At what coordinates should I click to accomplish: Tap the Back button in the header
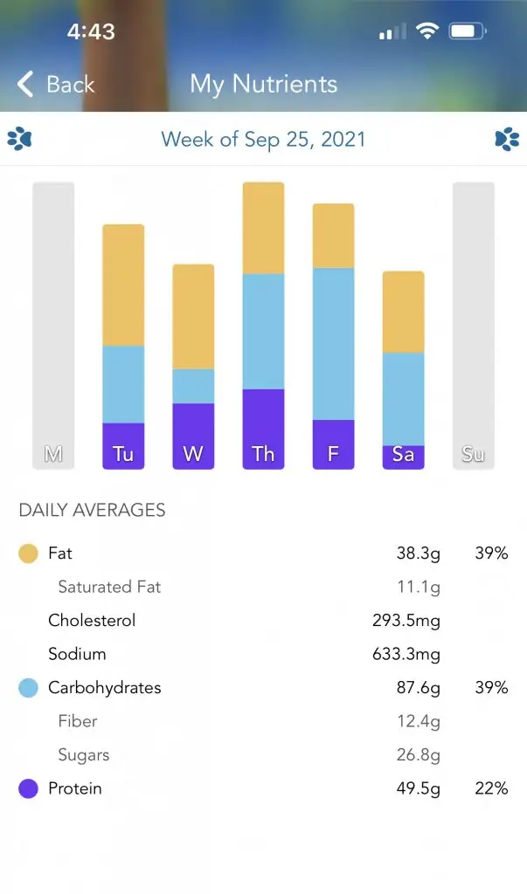pyautogui.click(x=56, y=84)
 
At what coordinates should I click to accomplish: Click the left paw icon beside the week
pyautogui.click(x=19, y=139)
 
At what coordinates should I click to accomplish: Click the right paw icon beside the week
pyautogui.click(x=507, y=139)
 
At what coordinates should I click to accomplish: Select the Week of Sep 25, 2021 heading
pyautogui.click(x=263, y=139)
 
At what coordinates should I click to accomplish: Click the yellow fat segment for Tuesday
pyautogui.click(x=123, y=285)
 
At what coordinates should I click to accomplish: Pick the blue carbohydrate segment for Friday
pyautogui.click(x=333, y=343)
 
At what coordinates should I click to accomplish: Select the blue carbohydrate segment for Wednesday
pyautogui.click(x=193, y=386)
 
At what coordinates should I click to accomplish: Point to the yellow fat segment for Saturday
pyautogui.click(x=403, y=312)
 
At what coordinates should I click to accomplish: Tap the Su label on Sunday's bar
pyautogui.click(x=473, y=454)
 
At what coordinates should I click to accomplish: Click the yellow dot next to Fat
pyautogui.click(x=29, y=554)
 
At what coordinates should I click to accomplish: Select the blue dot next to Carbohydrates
pyautogui.click(x=29, y=688)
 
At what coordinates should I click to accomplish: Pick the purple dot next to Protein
pyautogui.click(x=29, y=789)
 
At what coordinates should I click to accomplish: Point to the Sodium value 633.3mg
pyautogui.click(x=406, y=654)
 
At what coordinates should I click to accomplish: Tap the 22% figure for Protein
pyautogui.click(x=491, y=788)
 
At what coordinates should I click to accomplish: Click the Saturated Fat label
pyautogui.click(x=109, y=587)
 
